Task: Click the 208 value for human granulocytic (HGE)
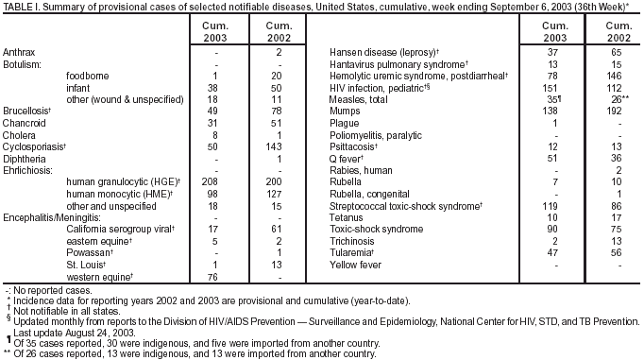pyautogui.click(x=212, y=179)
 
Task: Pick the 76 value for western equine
pyautogui.click(x=214, y=278)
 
